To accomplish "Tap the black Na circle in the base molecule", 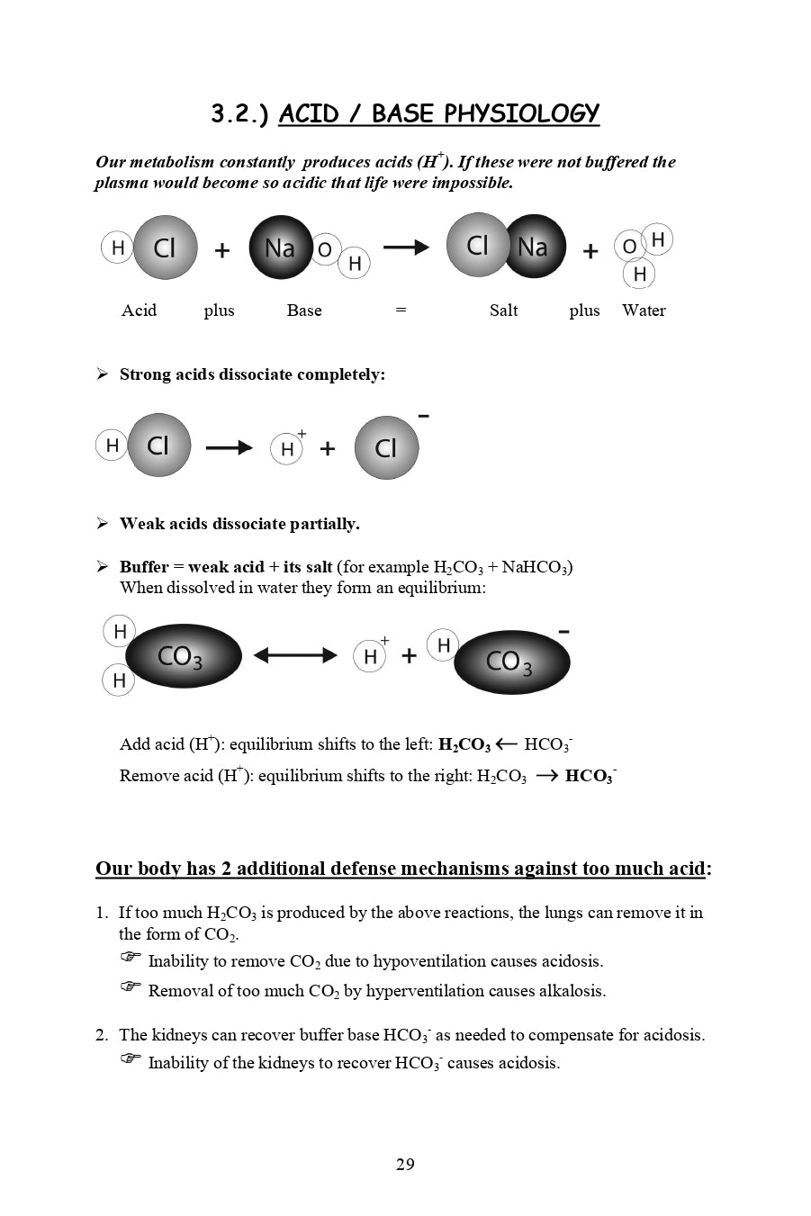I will tap(280, 248).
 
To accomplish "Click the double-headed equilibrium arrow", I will tap(295, 656).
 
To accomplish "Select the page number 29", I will tap(405, 1165).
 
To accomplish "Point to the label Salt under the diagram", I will tap(503, 311).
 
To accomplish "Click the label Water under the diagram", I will tap(644, 311).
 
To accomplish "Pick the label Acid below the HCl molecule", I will tap(139, 311).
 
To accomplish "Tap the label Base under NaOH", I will tap(304, 311).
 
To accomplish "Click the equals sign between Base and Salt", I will tap(401, 311).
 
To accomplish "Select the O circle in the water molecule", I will tap(629, 247).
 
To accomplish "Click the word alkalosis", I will tap(572, 991).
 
